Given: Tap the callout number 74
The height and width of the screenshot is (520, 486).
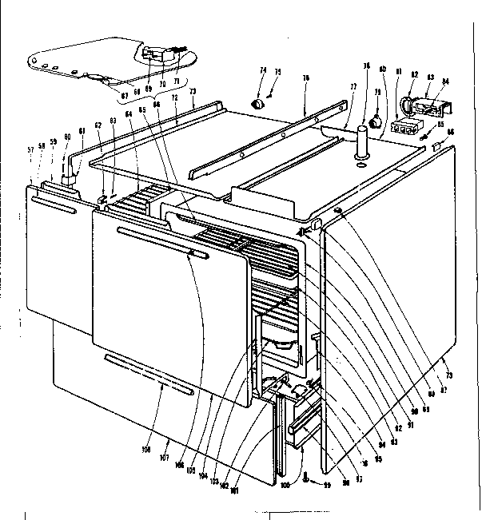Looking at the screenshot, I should click(261, 71).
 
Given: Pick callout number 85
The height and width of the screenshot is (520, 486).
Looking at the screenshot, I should click(440, 125).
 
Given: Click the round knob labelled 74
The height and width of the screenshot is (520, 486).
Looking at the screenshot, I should click(258, 103).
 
